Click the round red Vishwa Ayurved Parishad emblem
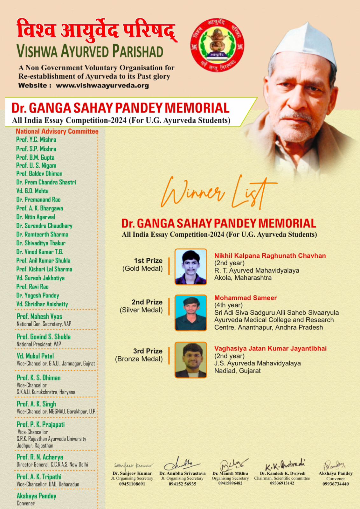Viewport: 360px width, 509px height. [x=217, y=45]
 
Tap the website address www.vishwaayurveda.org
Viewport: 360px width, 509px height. [x=102, y=86]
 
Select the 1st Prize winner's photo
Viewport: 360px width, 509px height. [x=191, y=267]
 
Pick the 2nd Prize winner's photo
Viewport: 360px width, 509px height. [x=191, y=313]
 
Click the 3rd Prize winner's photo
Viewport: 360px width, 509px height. [x=191, y=360]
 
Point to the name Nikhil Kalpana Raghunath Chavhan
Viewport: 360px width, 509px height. [x=270, y=256]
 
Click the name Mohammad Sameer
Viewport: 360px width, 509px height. [x=245, y=298]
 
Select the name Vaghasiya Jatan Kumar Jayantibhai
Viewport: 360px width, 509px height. [x=270, y=349]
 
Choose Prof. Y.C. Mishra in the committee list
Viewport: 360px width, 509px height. [x=36, y=140]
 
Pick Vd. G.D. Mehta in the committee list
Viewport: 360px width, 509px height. [x=32, y=191]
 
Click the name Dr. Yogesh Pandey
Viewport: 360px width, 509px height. [x=38, y=296]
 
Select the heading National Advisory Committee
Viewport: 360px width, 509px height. [x=57, y=131]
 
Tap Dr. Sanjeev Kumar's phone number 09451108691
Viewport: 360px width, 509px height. [x=132, y=484]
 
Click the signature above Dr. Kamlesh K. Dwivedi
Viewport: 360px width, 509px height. [x=285, y=465]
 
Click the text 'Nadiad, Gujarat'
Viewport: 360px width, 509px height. [x=237, y=371]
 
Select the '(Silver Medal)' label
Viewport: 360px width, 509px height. [x=141, y=310]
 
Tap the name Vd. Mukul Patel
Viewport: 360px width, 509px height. [x=35, y=356]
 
